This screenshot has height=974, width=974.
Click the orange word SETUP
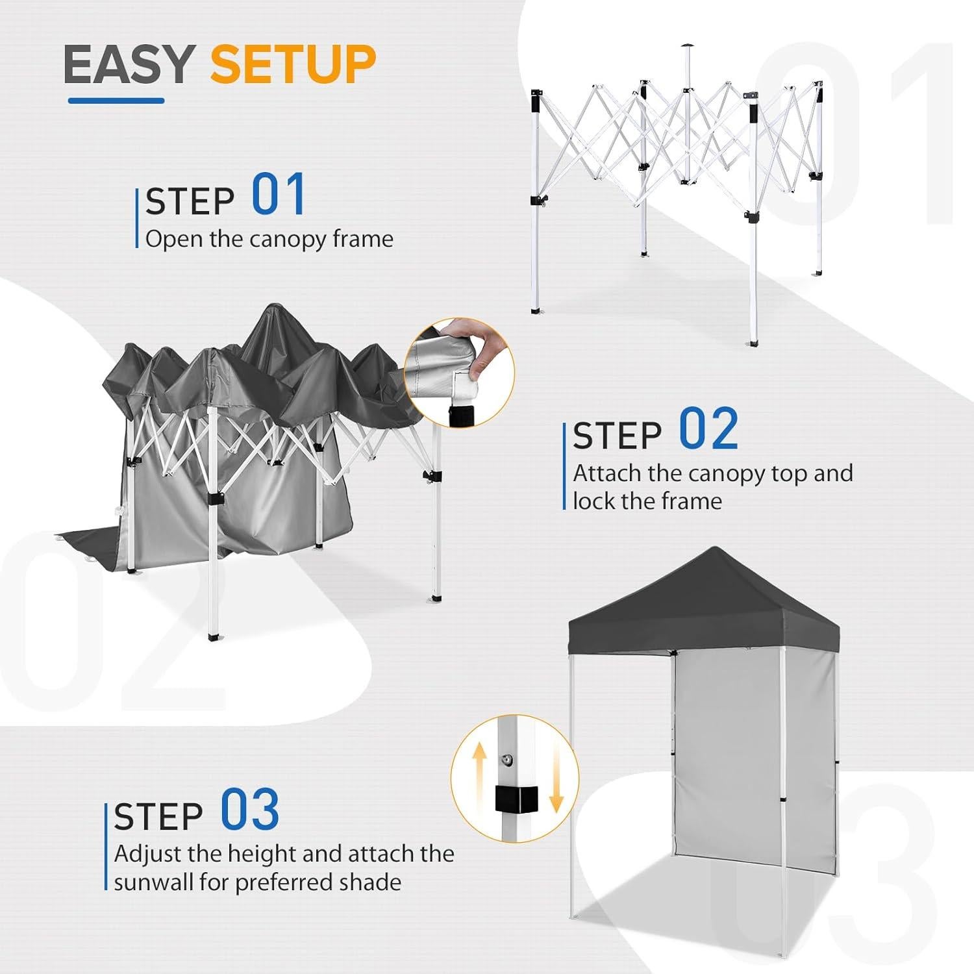pos(293,65)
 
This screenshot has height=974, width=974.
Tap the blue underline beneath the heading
pos(116,101)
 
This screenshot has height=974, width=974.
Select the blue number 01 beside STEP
pos(279,195)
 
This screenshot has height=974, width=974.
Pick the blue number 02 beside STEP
pos(708,429)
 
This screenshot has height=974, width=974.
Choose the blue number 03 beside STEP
pos(250,810)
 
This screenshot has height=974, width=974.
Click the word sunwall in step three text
pos(153,882)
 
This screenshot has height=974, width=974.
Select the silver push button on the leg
pos(505,758)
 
